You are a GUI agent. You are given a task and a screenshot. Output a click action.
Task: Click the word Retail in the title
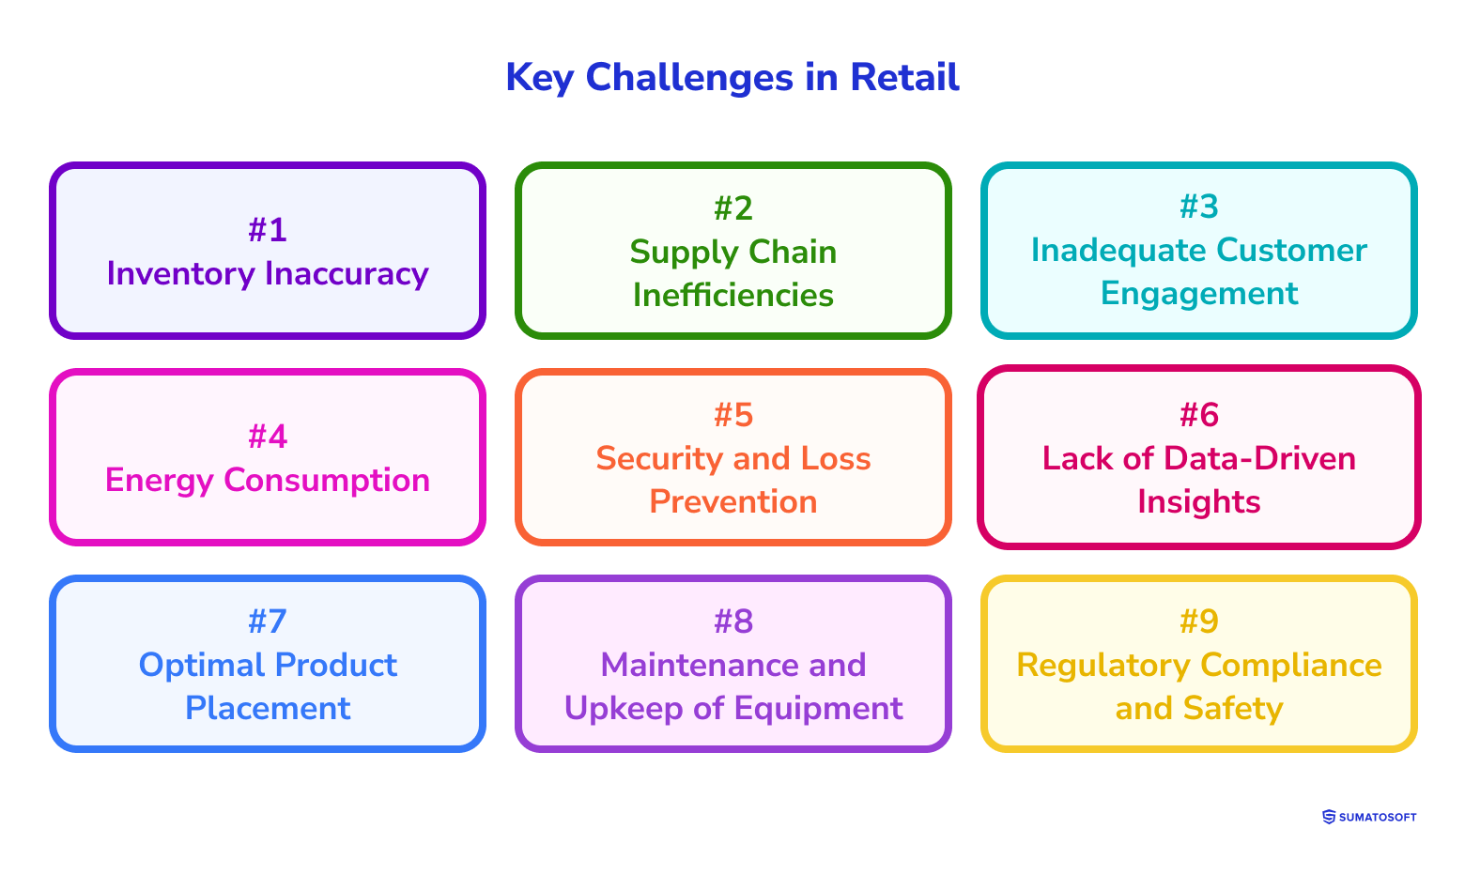click(x=904, y=77)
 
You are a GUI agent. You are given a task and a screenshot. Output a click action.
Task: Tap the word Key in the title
click(x=539, y=77)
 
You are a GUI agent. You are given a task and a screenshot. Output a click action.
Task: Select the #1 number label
click(x=268, y=229)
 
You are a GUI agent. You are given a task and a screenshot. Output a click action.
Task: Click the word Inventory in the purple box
click(x=180, y=273)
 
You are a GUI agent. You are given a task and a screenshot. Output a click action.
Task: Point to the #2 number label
click(x=733, y=207)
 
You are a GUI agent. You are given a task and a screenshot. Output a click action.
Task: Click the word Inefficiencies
click(x=733, y=295)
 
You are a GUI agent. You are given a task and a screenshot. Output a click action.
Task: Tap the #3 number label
click(x=1199, y=207)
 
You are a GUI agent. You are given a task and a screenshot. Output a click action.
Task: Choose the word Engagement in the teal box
click(x=1199, y=293)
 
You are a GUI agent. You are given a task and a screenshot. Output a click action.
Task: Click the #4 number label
click(x=268, y=436)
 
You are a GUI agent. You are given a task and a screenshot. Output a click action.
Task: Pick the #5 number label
click(x=733, y=414)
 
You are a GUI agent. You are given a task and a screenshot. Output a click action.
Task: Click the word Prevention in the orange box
click(x=733, y=501)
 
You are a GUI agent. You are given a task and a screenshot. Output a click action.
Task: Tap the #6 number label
click(x=1199, y=414)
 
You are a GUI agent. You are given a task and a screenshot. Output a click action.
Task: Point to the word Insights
click(x=1199, y=501)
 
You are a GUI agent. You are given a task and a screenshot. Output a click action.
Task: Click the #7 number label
click(x=268, y=621)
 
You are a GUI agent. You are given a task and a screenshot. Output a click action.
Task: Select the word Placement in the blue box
click(x=268, y=708)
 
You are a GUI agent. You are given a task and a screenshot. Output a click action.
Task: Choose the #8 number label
click(x=733, y=621)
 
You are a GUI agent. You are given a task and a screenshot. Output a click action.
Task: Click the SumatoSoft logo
click(x=1369, y=817)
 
